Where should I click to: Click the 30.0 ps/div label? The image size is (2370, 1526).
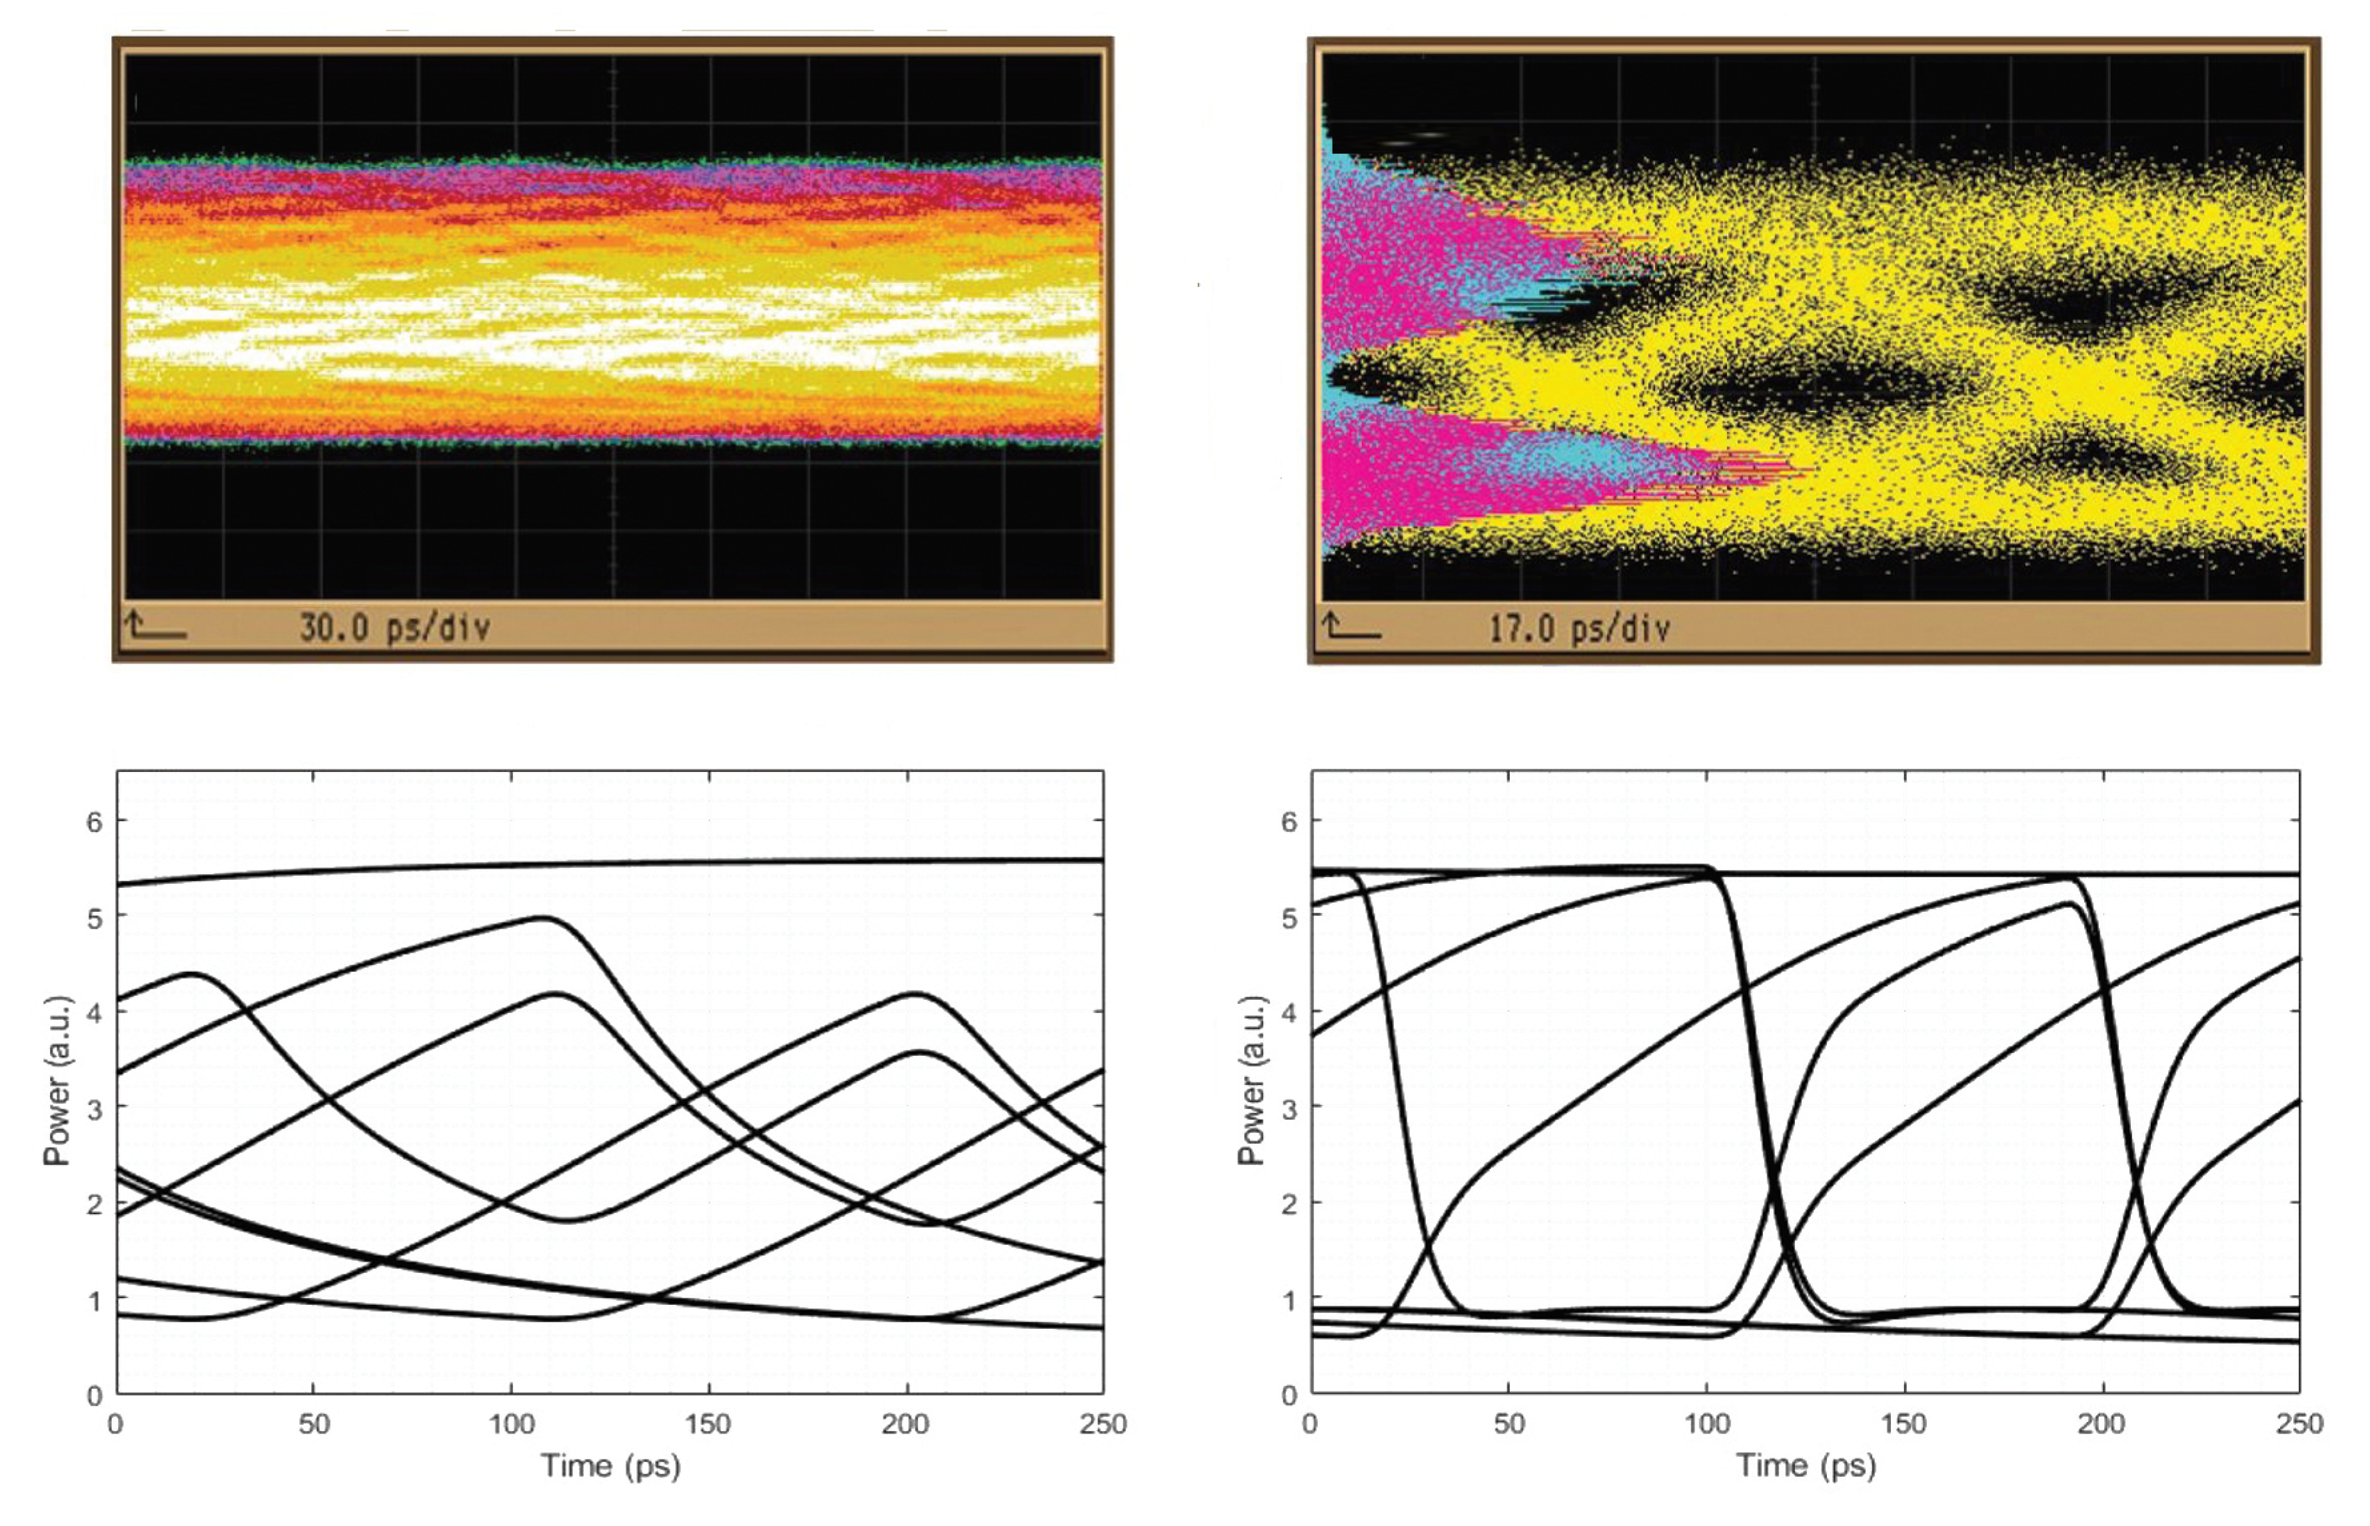click(394, 627)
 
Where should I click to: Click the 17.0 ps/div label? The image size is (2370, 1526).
click(1579, 628)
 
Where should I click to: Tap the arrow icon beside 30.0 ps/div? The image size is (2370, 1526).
click(155, 625)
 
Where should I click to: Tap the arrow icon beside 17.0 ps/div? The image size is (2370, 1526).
click(1350, 626)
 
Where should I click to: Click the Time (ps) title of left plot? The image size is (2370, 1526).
click(610, 1465)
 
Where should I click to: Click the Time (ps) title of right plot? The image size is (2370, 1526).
click(1806, 1465)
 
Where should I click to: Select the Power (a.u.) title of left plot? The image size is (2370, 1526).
click(57, 1081)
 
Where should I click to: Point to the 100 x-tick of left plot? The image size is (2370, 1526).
click(512, 1424)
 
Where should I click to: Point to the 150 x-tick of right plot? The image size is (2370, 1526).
click(1903, 1424)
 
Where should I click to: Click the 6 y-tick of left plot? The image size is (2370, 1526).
click(94, 821)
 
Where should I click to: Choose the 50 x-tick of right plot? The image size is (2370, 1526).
click(1508, 1424)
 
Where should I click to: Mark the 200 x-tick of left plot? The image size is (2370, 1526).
click(905, 1424)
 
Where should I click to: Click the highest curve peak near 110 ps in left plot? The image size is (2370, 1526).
click(543, 918)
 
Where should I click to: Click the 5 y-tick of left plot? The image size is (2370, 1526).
click(94, 918)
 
